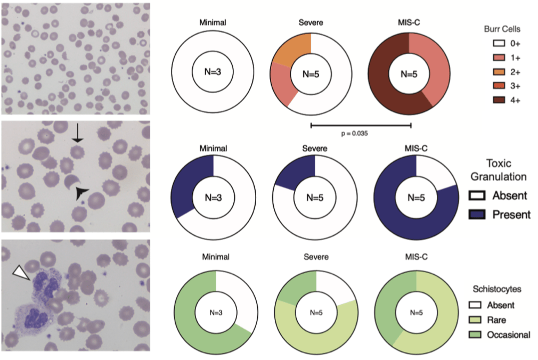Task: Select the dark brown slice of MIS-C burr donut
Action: click(384, 80)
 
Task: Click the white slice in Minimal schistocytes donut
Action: click(234, 296)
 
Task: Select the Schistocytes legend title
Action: click(496, 289)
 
